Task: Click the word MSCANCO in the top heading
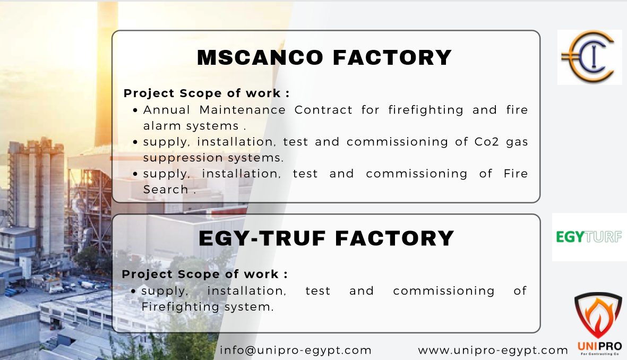click(x=260, y=57)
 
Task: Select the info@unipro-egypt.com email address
click(x=296, y=350)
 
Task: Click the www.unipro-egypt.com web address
click(x=493, y=350)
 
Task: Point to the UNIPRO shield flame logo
click(x=599, y=323)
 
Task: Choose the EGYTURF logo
click(x=589, y=237)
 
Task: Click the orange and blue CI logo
click(x=588, y=57)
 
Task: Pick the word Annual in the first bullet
click(x=167, y=109)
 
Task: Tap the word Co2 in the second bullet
click(x=487, y=142)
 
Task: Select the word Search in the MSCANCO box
click(x=166, y=189)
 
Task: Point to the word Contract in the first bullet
click(x=323, y=109)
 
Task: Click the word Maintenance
click(x=242, y=109)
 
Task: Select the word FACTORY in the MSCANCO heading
click(x=392, y=57)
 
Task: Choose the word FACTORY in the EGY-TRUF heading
click(x=394, y=238)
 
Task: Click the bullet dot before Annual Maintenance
click(x=135, y=110)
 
